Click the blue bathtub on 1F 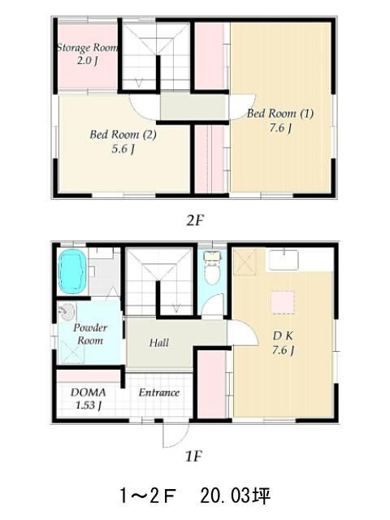click(72, 271)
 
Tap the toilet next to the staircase click(212, 268)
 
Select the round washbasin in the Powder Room click(67, 312)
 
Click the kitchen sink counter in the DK click(284, 260)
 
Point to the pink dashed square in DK click(283, 302)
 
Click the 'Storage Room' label click(88, 47)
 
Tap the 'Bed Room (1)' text click(280, 114)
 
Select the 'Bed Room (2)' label click(123, 135)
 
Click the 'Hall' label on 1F click(159, 343)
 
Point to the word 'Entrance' click(159, 392)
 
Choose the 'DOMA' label click(89, 392)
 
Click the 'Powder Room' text click(90, 334)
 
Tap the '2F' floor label click(194, 220)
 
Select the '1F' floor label click(193, 457)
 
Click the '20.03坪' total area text click(236, 496)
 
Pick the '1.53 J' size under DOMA click(89, 405)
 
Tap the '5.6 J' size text click(123, 149)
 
